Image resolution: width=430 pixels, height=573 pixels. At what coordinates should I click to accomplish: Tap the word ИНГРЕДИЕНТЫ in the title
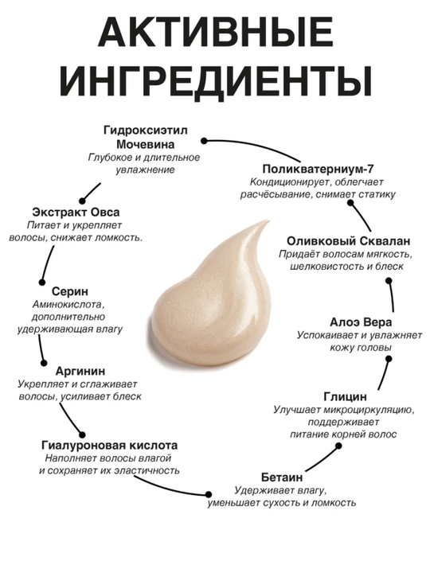point(215,80)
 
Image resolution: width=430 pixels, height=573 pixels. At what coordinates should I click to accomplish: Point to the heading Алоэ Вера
point(361,322)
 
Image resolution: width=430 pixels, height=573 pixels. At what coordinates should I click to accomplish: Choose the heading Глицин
point(345,396)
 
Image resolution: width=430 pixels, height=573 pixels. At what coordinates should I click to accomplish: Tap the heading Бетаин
point(282,477)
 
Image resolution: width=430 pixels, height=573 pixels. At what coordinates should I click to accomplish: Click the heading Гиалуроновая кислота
point(110,445)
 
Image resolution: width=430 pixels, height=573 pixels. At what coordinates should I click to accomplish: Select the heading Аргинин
point(80,371)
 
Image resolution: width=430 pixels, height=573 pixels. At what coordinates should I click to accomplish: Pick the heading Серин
point(70,291)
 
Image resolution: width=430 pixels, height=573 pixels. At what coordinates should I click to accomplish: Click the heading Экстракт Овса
point(76,212)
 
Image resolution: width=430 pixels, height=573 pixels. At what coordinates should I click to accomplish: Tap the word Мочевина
point(145,144)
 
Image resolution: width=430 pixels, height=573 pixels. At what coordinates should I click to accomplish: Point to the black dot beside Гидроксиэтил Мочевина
point(204,141)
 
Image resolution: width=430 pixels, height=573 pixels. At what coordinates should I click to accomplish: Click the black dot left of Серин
point(42,282)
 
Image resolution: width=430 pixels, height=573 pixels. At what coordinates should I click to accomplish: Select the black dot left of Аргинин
point(44,363)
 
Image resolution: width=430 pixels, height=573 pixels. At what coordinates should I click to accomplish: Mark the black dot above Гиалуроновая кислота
point(82,435)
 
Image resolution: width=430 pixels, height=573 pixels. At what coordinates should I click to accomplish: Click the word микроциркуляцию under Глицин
point(369,411)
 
